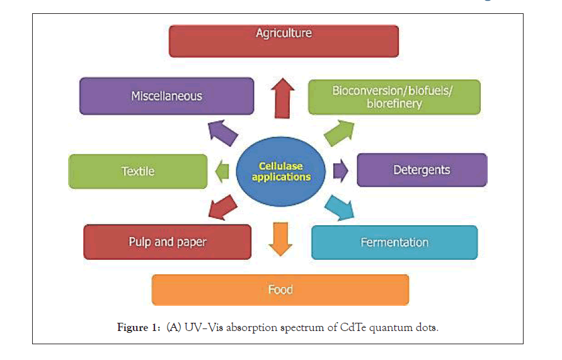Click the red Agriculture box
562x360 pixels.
point(284,41)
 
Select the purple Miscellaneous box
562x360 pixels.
point(167,96)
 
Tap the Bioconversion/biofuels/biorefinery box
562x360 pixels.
point(394,97)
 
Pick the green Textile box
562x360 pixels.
point(138,171)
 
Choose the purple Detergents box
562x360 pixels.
point(422,170)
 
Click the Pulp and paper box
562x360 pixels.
point(168,242)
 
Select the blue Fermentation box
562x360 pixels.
point(394,242)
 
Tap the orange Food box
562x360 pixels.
point(280,290)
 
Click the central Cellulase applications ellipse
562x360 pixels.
point(280,171)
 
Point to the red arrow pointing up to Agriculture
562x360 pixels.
point(283,98)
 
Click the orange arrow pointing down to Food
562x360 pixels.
point(280,239)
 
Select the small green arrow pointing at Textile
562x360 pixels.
point(222,171)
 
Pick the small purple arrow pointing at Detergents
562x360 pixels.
point(340,170)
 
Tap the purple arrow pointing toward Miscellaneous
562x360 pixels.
point(222,133)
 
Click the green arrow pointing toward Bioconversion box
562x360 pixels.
point(339,134)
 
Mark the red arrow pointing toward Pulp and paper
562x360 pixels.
point(222,207)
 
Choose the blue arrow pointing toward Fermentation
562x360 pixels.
point(339,207)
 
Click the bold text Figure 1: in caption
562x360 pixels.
point(139,327)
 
